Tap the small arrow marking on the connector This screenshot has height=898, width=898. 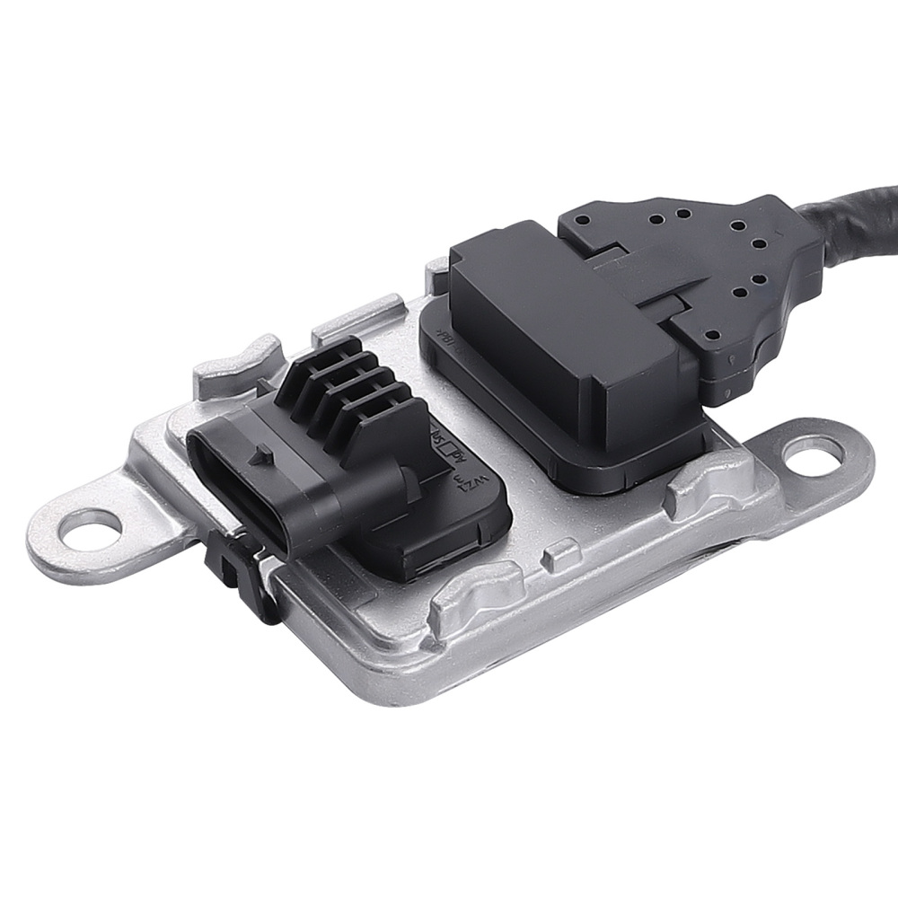click(263, 456)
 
